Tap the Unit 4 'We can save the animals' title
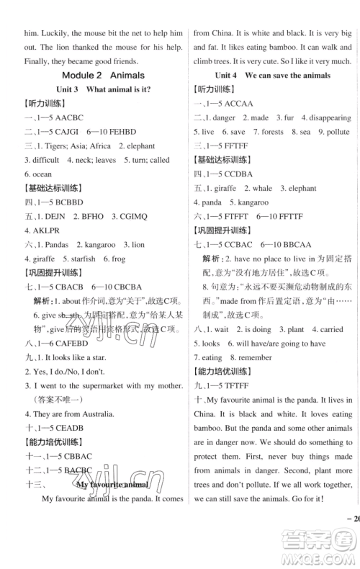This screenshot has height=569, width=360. click(x=272, y=74)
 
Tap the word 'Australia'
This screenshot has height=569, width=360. click(x=93, y=413)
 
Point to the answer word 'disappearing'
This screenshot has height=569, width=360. click(x=329, y=117)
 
